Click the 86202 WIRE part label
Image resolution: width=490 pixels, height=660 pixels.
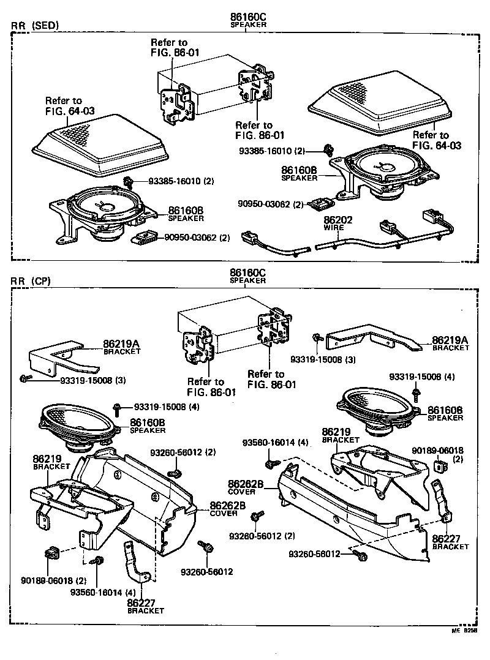[x=334, y=223]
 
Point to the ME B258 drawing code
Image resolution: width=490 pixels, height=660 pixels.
[x=464, y=629]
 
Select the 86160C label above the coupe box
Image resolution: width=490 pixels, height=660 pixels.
[x=247, y=275]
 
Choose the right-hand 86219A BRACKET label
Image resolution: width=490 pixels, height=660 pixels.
[x=450, y=343]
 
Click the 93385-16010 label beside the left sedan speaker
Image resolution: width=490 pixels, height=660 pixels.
[x=181, y=181]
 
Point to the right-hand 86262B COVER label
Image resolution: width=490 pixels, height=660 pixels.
[x=246, y=487]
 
